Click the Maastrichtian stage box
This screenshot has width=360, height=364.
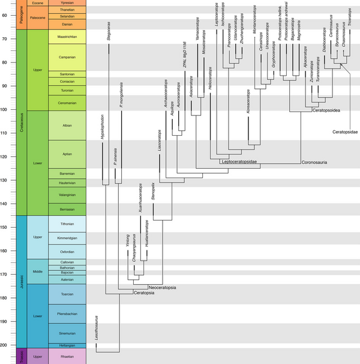(67, 37)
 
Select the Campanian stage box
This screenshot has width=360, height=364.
(67, 57)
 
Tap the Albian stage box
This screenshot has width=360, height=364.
(67, 125)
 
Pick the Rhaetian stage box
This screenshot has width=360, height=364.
(67, 356)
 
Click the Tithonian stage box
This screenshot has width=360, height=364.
(67, 223)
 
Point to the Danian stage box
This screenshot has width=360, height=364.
(67, 25)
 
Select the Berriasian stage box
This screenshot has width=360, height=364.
(67, 208)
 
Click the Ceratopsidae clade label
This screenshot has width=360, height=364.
(346, 131)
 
